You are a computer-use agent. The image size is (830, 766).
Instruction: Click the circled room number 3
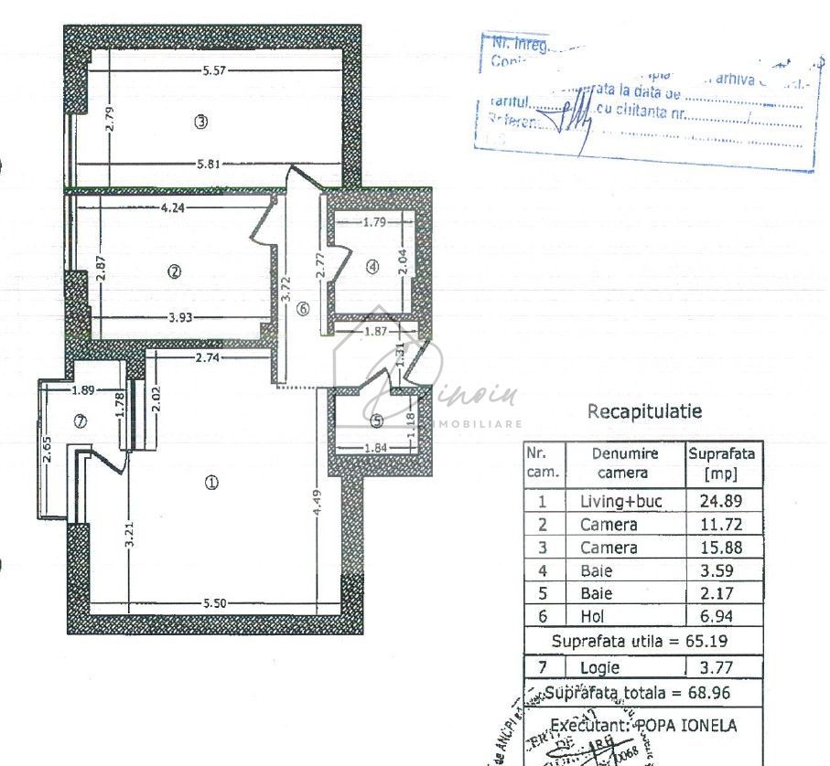(201, 122)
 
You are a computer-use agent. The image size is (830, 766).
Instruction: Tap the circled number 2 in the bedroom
(175, 271)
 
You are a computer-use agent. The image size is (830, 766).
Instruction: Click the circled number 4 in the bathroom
(372, 267)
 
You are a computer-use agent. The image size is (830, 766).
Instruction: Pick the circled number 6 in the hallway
(303, 309)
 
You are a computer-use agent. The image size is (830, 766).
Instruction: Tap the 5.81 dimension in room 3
(208, 165)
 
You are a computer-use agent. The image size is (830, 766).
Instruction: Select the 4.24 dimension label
(174, 207)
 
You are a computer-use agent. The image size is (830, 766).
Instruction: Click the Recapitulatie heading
(644, 412)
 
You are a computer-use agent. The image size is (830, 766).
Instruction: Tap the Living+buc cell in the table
(620, 501)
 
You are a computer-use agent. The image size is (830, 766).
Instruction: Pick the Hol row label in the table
(593, 617)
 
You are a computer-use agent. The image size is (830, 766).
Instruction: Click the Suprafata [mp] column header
(722, 463)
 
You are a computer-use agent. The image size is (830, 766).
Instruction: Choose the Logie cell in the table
(599, 668)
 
